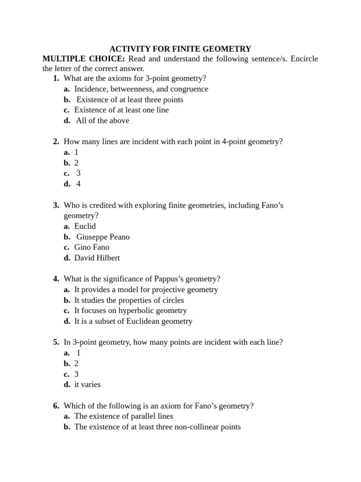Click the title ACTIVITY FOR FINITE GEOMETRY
pos(180,48)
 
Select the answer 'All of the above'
pos(102,120)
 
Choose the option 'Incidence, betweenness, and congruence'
pos(141,89)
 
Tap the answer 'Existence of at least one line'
pos(121,110)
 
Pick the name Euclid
pos(85,226)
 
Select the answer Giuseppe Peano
pos(103,237)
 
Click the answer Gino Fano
pos(92,247)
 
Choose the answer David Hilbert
pos(97,258)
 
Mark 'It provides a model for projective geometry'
pos(146,289)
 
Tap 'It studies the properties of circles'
pos(129,300)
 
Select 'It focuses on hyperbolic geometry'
pos(131,311)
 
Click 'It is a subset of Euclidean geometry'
pos(133,321)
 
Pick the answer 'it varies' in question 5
pos(87,385)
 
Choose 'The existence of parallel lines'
pos(124,416)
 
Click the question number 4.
pos(56,279)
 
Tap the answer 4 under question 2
pos(78,184)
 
